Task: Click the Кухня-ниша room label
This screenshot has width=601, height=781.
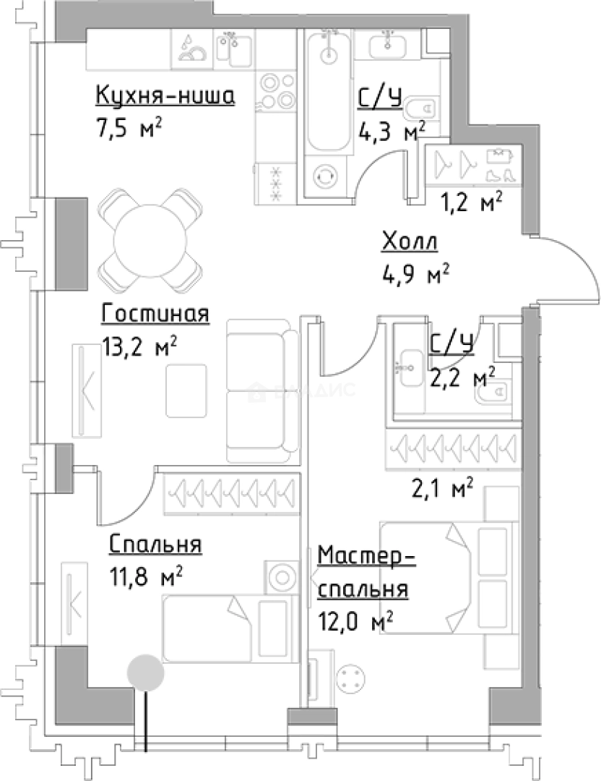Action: [165, 96]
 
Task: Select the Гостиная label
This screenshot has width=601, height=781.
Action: [156, 315]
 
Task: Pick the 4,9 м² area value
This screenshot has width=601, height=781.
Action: [415, 274]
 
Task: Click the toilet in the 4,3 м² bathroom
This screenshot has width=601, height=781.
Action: [420, 109]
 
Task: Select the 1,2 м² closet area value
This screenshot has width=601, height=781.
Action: [472, 204]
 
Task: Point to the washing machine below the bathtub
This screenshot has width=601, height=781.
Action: [327, 176]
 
